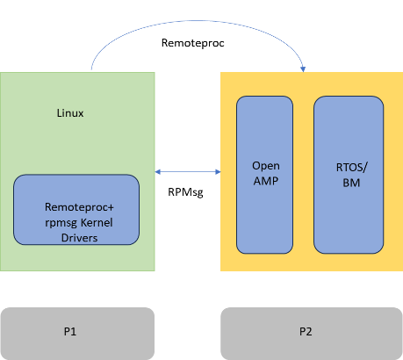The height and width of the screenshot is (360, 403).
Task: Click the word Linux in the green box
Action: click(69, 114)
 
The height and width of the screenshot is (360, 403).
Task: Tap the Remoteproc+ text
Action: click(80, 207)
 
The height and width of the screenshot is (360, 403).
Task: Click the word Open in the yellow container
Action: click(265, 165)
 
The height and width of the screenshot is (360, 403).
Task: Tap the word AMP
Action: click(265, 180)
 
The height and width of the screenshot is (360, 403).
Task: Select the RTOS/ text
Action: click(349, 169)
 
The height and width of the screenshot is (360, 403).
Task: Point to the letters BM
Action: click(349, 184)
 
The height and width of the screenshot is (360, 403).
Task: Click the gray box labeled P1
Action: click(77, 333)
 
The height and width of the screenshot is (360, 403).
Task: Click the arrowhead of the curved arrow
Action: click(304, 68)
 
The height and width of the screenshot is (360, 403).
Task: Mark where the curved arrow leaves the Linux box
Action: click(91, 70)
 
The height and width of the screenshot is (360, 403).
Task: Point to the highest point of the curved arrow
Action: click(198, 19)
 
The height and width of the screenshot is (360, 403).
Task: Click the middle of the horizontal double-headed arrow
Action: click(188, 173)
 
